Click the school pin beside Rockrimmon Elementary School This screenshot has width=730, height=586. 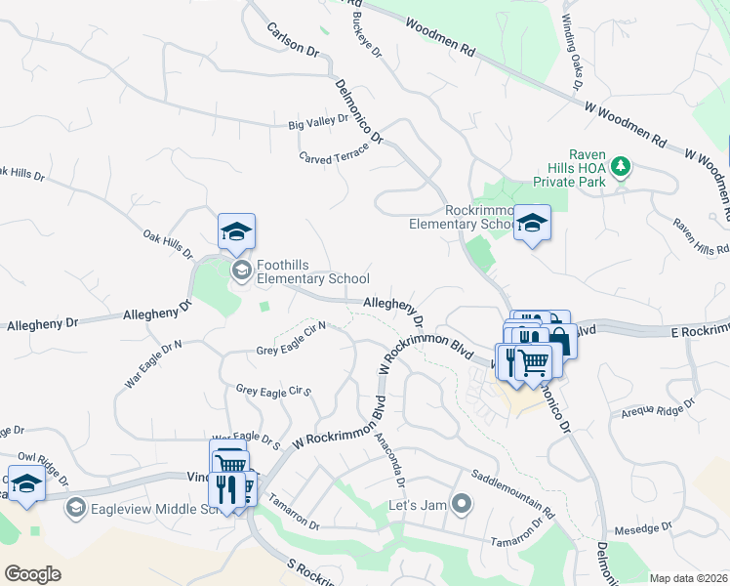(532, 224)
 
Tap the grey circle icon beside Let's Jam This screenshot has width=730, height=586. (462, 505)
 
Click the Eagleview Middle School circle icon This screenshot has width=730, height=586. (75, 508)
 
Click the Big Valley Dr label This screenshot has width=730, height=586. (318, 121)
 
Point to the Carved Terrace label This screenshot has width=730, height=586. (335, 153)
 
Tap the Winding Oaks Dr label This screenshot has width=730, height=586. (572, 54)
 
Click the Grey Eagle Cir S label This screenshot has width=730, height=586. (272, 391)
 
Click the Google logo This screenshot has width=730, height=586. (33, 574)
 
